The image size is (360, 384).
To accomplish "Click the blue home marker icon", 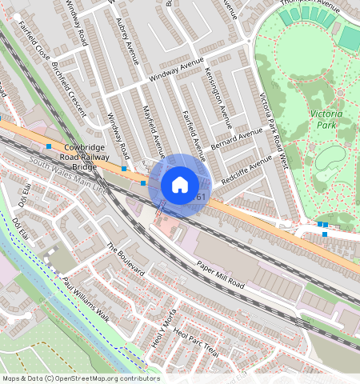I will [x=180, y=185].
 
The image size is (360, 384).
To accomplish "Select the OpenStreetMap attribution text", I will [x=81, y=378].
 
